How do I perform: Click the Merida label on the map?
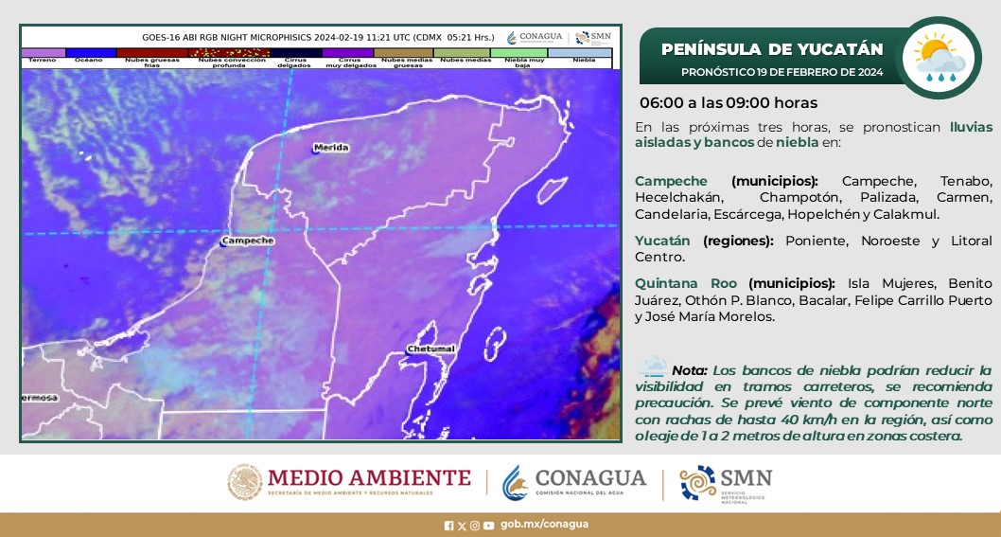[331, 148]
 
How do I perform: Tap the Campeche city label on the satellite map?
[248, 241]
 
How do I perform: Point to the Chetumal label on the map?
[431, 349]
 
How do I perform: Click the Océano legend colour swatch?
[89, 52]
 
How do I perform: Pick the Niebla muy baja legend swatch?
[523, 52]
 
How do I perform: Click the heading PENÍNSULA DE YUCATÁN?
[772, 49]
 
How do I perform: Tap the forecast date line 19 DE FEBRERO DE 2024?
[781, 72]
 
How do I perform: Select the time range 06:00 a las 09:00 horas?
[729, 102]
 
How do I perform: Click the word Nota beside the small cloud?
[689, 369]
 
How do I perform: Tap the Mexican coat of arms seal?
[244, 482]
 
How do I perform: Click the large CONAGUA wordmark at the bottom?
[590, 476]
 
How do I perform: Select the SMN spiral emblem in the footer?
[698, 482]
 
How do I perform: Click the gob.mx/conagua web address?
[544, 525]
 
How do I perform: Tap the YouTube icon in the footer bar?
[488, 526]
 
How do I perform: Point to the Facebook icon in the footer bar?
[448, 526]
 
